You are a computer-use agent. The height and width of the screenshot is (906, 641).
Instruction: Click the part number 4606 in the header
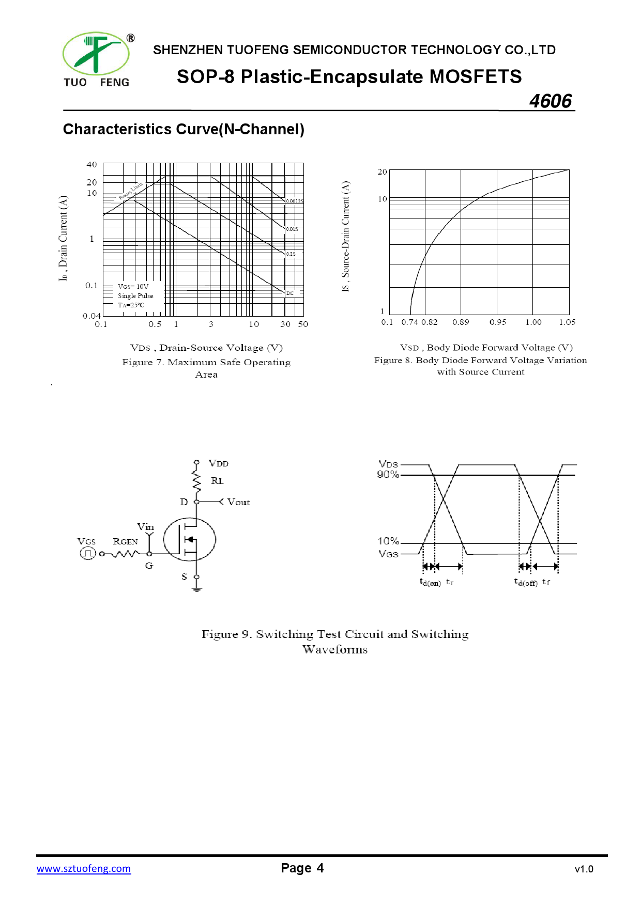[551, 101]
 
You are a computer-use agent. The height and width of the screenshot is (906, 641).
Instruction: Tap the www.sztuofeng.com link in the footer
[84, 868]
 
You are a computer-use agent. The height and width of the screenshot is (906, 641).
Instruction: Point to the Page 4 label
[302, 868]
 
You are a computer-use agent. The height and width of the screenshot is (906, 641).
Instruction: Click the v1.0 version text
[584, 869]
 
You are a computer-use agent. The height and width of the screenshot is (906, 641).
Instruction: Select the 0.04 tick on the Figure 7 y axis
[91, 316]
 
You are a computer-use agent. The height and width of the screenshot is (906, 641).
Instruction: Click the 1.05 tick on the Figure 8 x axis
[567, 322]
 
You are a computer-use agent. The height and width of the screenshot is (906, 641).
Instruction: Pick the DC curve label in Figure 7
[290, 293]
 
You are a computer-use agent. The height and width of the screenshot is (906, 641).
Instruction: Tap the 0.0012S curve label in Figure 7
[295, 201]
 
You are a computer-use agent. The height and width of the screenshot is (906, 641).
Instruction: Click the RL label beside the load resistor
[217, 481]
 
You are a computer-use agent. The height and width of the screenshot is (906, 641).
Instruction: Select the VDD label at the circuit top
[218, 463]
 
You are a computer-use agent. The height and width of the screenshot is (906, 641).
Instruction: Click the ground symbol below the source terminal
[196, 589]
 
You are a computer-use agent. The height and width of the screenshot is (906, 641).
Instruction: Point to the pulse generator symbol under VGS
[87, 553]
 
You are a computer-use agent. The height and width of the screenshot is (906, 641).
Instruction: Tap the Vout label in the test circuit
[238, 502]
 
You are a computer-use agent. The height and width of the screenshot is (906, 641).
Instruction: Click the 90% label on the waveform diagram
[388, 474]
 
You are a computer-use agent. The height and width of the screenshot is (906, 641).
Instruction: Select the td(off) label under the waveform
[526, 582]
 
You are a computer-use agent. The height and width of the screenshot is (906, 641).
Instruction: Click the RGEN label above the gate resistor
[125, 541]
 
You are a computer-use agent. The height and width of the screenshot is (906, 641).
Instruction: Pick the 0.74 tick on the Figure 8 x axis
[409, 322]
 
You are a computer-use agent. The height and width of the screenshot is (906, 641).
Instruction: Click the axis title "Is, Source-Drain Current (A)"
[345, 236]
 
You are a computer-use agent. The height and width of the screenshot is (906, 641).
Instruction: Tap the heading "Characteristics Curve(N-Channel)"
[184, 129]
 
